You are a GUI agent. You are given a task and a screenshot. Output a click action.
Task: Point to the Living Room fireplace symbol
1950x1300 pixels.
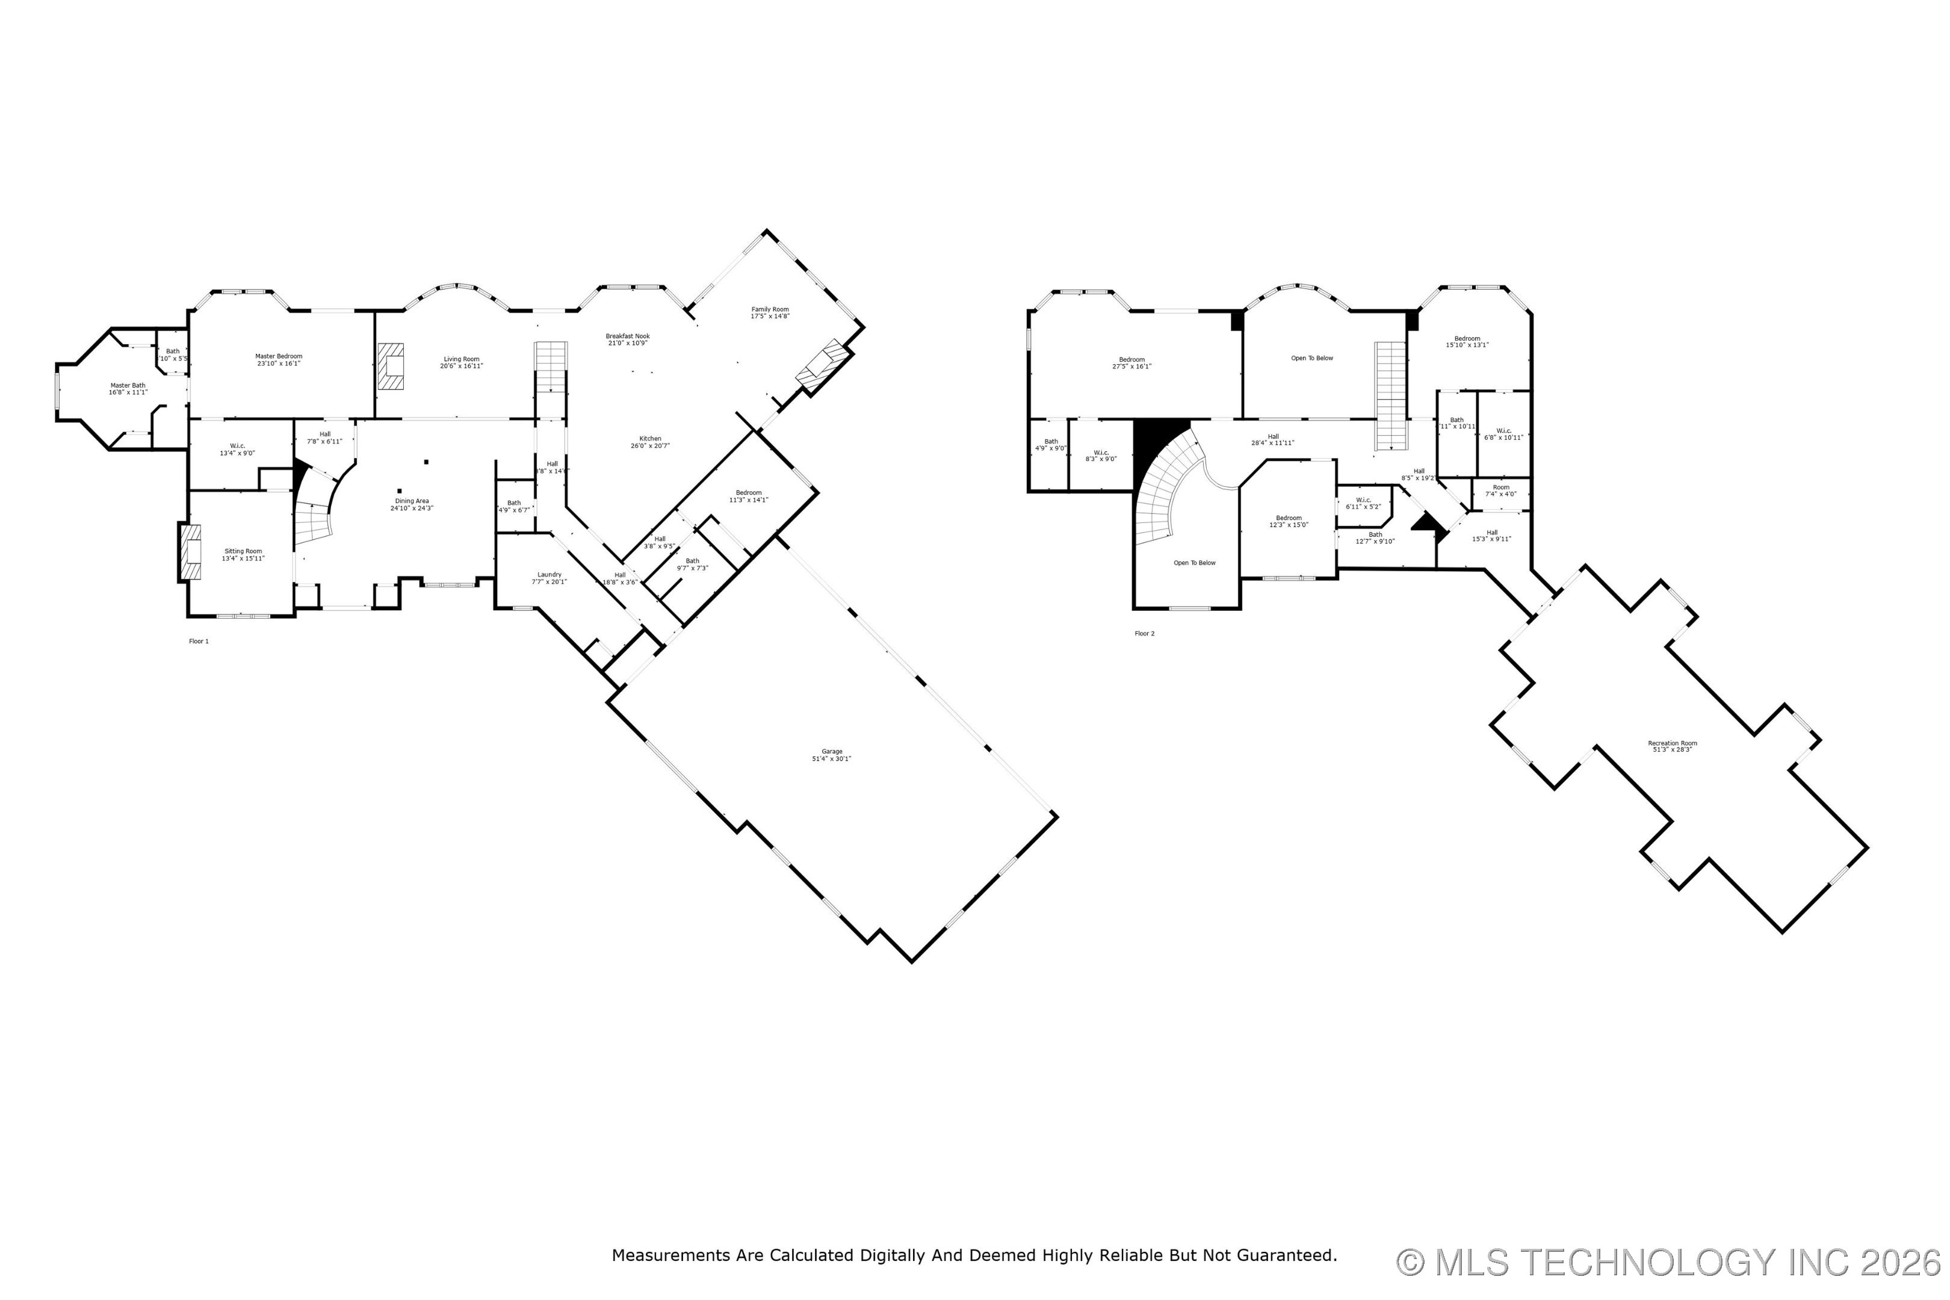(391, 367)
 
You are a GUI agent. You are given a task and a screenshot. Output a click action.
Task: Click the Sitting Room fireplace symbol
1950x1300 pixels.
(189, 551)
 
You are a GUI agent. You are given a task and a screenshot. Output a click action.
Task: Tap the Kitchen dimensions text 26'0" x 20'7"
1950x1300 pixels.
(649, 446)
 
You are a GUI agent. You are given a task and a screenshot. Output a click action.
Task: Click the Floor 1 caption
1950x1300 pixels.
(199, 641)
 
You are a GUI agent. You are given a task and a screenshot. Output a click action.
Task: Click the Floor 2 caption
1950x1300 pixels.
(1144, 633)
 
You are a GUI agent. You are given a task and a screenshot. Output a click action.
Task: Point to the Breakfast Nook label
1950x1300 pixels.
(628, 336)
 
